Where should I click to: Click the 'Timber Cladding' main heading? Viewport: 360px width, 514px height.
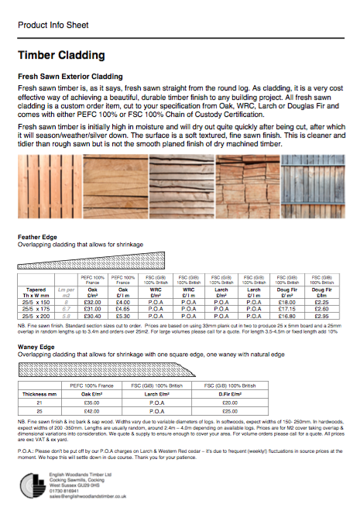click(x=61, y=56)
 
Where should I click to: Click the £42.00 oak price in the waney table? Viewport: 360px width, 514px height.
click(x=92, y=410)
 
